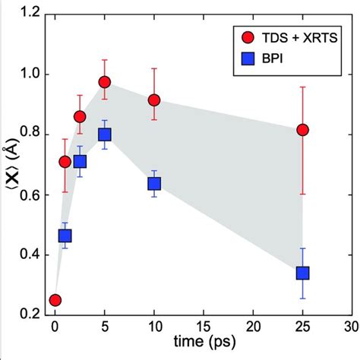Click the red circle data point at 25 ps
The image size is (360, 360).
click(303, 130)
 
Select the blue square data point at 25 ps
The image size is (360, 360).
click(303, 273)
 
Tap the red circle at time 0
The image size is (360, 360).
click(55, 300)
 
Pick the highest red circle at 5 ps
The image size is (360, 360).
click(105, 82)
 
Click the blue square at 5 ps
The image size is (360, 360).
click(105, 134)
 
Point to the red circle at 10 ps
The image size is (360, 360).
click(154, 100)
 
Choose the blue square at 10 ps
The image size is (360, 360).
click(154, 184)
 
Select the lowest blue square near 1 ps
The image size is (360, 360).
click(65, 236)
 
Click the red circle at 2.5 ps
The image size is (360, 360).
click(80, 116)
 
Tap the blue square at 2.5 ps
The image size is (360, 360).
click(80, 161)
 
